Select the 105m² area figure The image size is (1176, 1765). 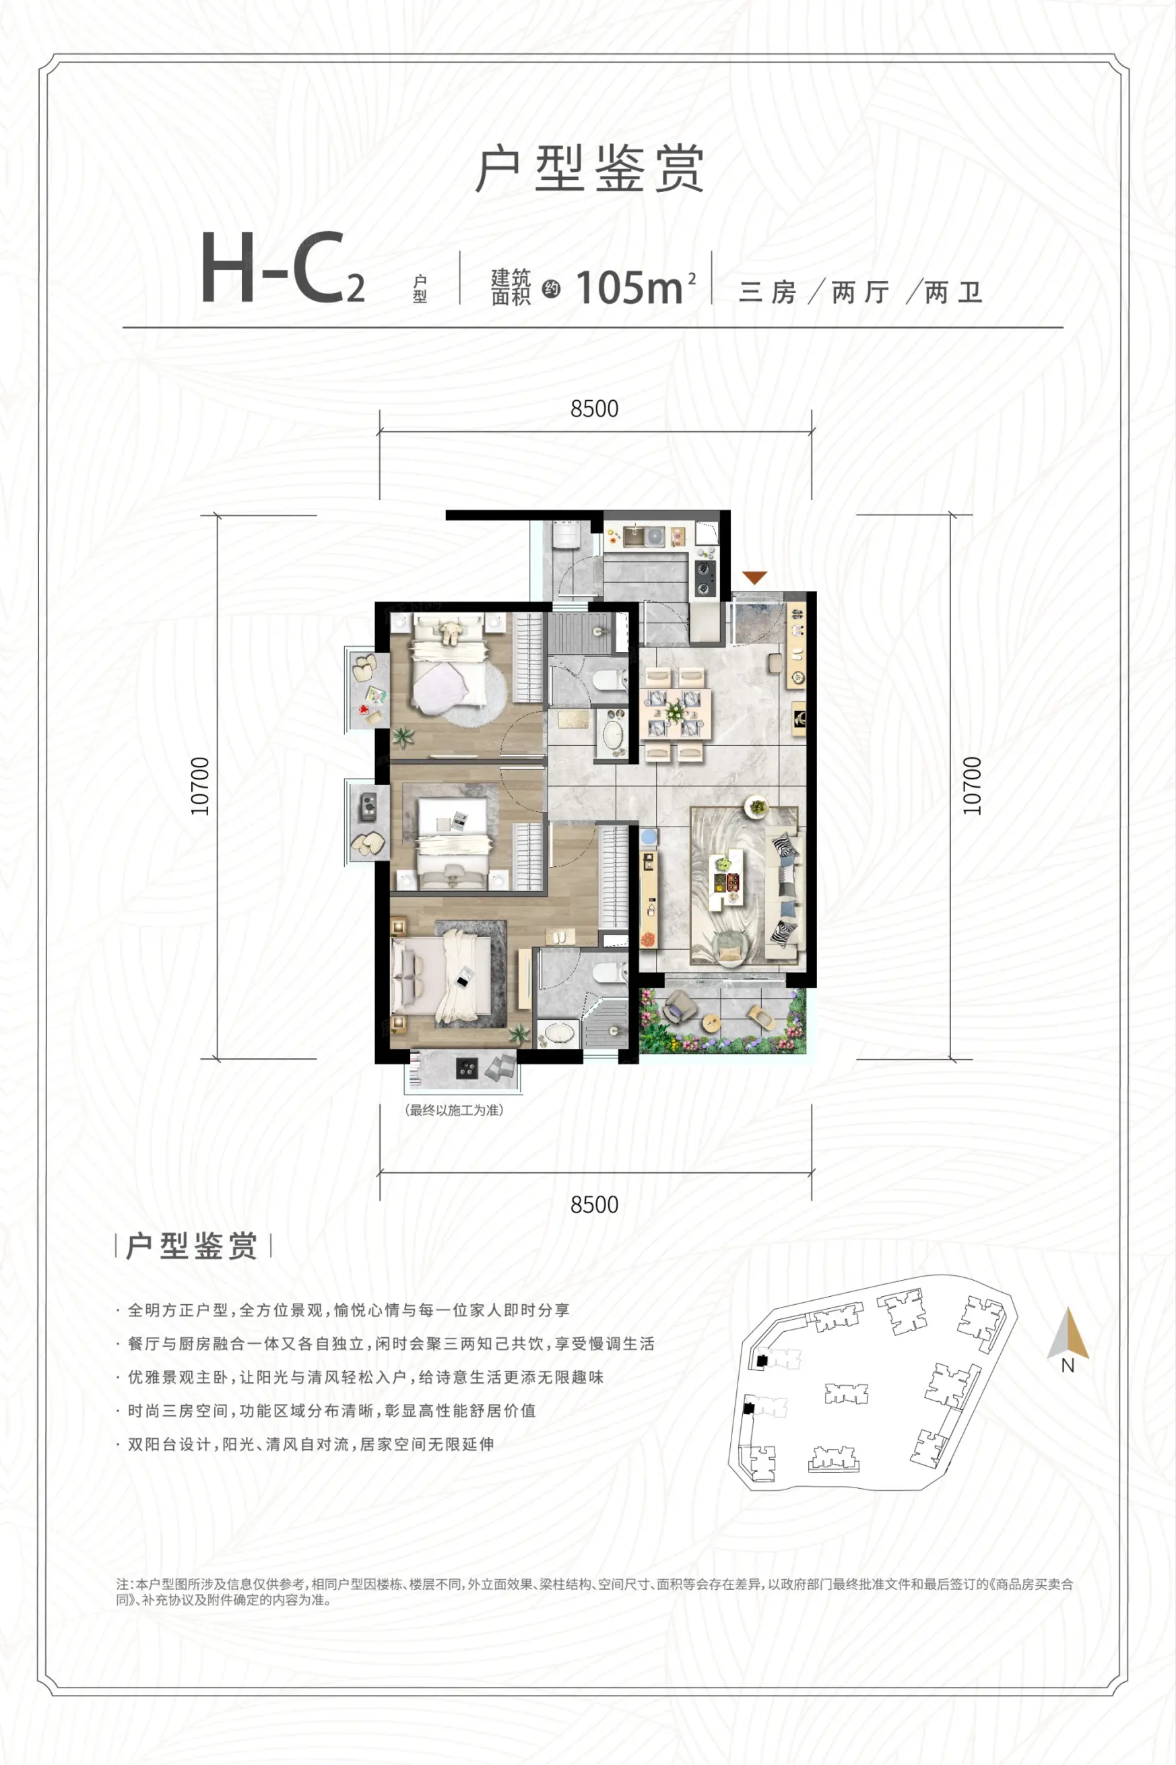636,286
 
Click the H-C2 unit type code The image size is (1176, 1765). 283,268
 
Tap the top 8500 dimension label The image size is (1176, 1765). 594,409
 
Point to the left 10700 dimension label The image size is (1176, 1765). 200,786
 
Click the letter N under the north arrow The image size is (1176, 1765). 1068,1366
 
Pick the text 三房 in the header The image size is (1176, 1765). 767,292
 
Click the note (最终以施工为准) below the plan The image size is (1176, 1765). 455,1110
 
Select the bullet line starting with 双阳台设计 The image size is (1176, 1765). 311,1444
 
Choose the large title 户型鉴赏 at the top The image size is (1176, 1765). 589,169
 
